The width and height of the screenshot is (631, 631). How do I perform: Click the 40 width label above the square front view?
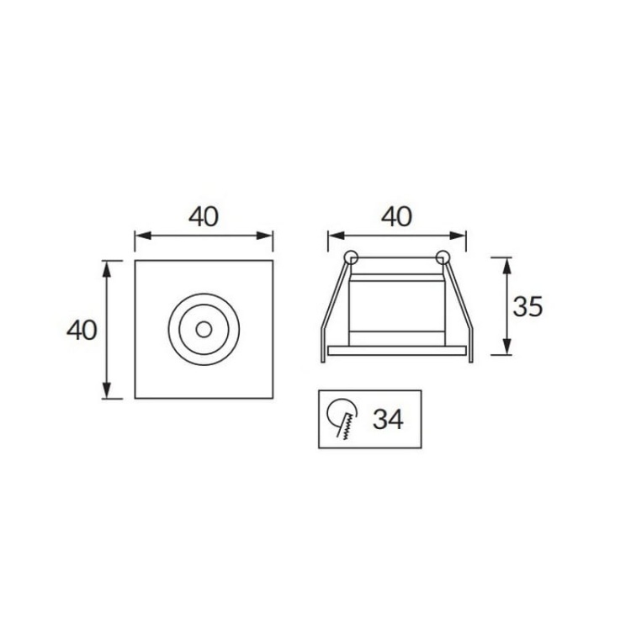203,216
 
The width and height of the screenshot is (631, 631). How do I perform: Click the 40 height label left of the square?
82,330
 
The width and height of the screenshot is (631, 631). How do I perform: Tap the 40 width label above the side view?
396,216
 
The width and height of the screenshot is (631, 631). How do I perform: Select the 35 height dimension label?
528,307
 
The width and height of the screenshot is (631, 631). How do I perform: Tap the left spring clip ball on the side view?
351,257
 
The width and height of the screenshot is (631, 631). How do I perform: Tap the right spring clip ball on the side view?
443,257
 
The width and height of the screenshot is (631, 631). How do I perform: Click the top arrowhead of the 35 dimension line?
507,262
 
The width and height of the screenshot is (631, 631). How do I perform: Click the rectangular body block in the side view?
396,311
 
